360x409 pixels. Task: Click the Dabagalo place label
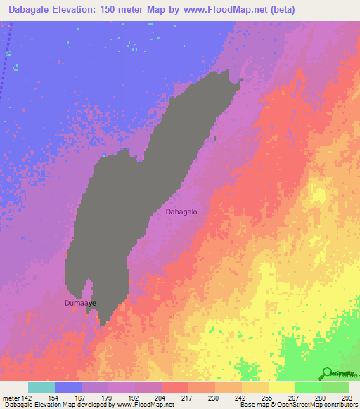186,211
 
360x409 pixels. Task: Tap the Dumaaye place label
79,303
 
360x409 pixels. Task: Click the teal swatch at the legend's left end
41,387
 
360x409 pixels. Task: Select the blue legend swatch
68,387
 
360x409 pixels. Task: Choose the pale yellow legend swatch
281,387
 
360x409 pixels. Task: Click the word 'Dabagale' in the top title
27,9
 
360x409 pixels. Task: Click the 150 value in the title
115,9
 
